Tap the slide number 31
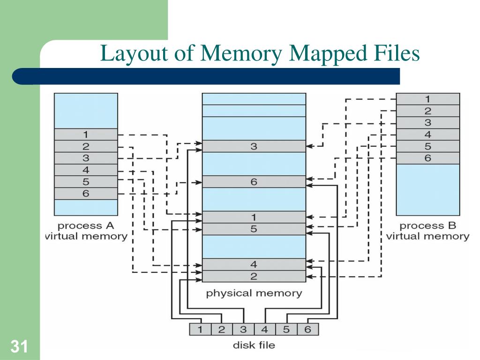tap(19, 347)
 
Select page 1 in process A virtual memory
tap(86, 135)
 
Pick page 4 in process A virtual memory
tap(86, 170)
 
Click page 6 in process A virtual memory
tap(86, 193)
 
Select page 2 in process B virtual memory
tap(427, 111)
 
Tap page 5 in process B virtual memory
tap(427, 146)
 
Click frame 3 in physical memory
tap(254, 146)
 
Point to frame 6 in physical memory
tap(254, 181)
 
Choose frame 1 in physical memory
tap(254, 217)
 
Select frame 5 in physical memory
tap(254, 229)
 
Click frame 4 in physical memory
tap(254, 264)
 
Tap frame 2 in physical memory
tap(254, 276)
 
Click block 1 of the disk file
tap(200, 329)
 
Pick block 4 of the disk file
tap(264, 329)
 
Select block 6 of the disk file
tap(307, 329)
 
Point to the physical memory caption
tap(254, 294)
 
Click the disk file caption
tap(254, 345)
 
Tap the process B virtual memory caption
tap(427, 231)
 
